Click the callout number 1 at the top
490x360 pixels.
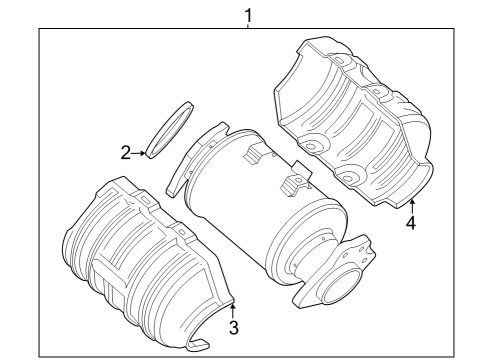coord(248,15)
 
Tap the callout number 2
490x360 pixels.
coord(125,153)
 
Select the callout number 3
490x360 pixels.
coord(234,327)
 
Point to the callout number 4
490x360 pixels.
coord(411,222)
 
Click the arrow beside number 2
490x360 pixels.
coord(138,153)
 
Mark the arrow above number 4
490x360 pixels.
coord(412,206)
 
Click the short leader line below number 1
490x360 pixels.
coord(248,25)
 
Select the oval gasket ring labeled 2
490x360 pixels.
coord(170,130)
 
